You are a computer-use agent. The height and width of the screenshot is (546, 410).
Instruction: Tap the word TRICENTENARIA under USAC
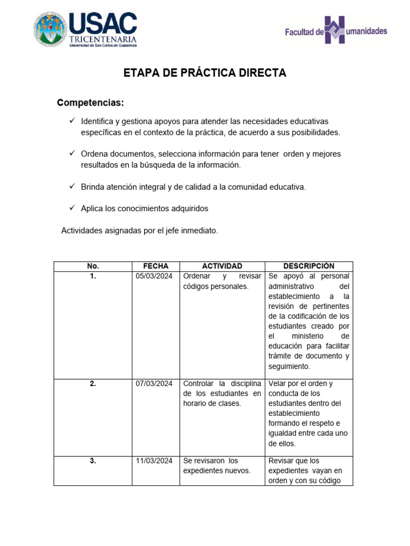[x=103, y=39]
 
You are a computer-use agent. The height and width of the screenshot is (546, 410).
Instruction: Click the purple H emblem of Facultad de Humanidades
[x=342, y=30]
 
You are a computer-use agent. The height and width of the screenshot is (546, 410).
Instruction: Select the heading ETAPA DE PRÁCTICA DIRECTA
[x=205, y=73]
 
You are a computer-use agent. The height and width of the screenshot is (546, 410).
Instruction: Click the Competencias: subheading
[x=91, y=102]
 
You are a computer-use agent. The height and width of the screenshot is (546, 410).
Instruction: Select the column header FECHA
[x=155, y=266]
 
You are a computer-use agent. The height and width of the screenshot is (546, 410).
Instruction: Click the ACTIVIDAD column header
[x=222, y=266]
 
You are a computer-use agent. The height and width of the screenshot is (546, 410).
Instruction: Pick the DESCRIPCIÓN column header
[x=309, y=266]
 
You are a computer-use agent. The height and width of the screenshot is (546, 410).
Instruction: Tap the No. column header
[x=93, y=266]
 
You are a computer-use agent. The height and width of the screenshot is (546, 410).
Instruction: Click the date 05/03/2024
[x=154, y=276]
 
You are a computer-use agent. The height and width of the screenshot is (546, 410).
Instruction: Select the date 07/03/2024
[x=154, y=383]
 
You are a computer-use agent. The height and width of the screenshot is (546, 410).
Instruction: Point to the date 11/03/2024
[x=154, y=461]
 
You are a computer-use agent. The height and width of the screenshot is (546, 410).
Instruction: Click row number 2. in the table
[x=93, y=383]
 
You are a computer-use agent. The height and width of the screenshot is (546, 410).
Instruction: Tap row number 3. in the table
[x=93, y=461]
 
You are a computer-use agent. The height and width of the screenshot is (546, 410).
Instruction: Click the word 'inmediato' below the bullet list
[x=200, y=230]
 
